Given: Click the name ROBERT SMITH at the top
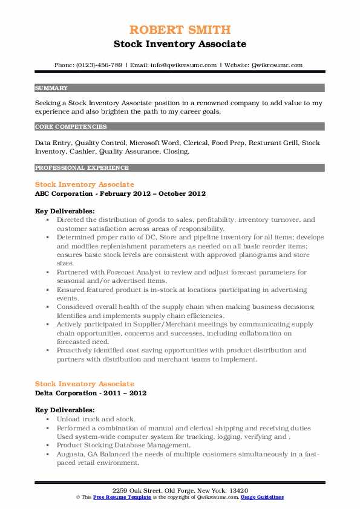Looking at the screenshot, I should tap(180, 30).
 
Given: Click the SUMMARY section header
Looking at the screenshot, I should tap(51, 88).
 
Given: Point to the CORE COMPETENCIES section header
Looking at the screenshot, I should tap(71, 127).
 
